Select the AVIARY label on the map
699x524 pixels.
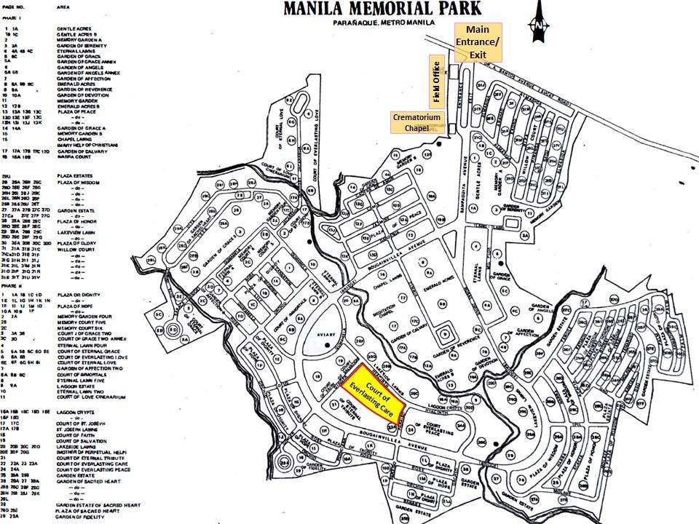[x=326, y=336]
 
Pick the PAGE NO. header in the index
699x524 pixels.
[x=14, y=6]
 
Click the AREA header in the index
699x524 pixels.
[x=63, y=6]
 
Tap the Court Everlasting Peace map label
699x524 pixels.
[x=444, y=429]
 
